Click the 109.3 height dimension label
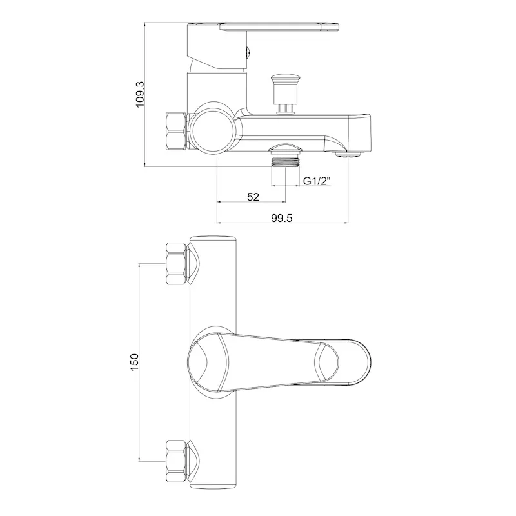pyautogui.click(x=140, y=94)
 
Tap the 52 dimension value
pyautogui.click(x=253, y=197)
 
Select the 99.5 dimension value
pyautogui.click(x=281, y=218)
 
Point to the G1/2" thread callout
pyautogui.click(x=317, y=181)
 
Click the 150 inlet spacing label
pyautogui.click(x=135, y=362)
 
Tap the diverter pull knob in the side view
pyautogui.click(x=285, y=94)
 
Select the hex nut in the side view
pyautogui.click(x=176, y=132)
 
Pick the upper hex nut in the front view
pyautogui.click(x=175, y=263)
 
